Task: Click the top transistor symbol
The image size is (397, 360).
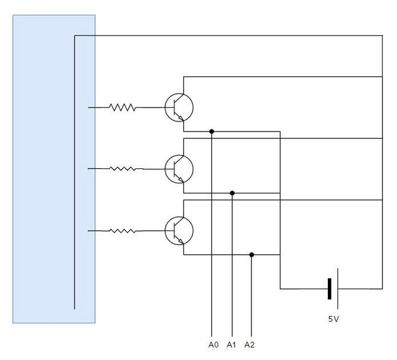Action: point(179,108)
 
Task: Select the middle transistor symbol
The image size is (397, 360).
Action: point(179,169)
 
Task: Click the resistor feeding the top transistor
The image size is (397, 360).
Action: point(122,108)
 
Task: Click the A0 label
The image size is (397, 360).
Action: point(213,345)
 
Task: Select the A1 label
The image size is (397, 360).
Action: point(232,345)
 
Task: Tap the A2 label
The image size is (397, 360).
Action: point(250,345)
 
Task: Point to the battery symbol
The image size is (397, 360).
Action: point(333,288)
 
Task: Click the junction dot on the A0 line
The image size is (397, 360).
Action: point(212,131)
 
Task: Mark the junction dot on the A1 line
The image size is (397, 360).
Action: point(232,193)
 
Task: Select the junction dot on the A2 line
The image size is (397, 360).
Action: point(251,254)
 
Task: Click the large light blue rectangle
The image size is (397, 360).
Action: point(54,169)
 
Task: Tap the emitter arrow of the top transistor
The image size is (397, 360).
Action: point(182,118)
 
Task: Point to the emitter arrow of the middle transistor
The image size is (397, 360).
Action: point(182,180)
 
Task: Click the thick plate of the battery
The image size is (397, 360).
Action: point(329,288)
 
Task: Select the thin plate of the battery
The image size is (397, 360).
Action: point(337,288)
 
